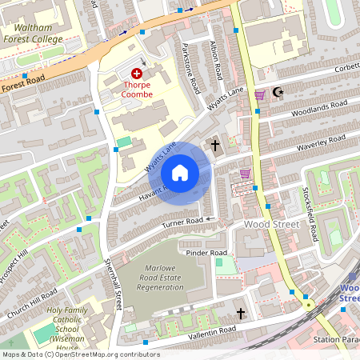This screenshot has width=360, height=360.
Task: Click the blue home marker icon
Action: coord(180,173)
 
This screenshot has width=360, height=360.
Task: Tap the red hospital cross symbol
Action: coord(137,73)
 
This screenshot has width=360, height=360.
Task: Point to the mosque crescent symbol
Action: coord(278,93)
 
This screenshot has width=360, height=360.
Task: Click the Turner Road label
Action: coord(184,222)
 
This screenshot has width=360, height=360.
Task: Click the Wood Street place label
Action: coord(272,225)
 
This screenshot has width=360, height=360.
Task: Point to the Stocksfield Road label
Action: coord(313,216)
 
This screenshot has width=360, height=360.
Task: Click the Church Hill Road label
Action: coord(37,297)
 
